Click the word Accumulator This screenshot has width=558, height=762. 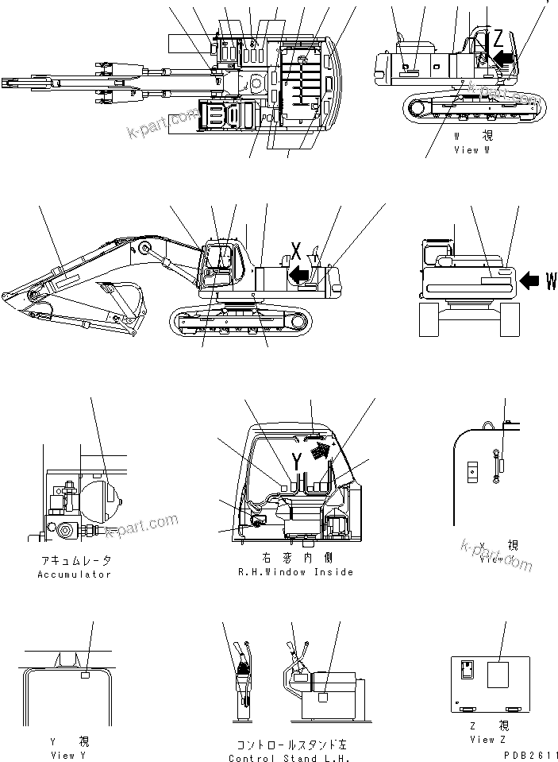point(74,574)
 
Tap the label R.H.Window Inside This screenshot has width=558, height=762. point(295,571)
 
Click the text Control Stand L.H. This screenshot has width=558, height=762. point(294,758)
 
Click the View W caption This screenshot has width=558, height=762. point(477,149)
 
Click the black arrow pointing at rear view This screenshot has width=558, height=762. point(529,279)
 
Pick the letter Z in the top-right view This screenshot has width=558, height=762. point(497,38)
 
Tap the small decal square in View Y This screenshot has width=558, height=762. point(87,675)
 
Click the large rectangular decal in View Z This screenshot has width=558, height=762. point(498,675)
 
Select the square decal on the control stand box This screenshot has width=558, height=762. point(322,697)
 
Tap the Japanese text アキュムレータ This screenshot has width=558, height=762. point(74,561)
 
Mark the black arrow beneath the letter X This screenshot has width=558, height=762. point(299,275)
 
